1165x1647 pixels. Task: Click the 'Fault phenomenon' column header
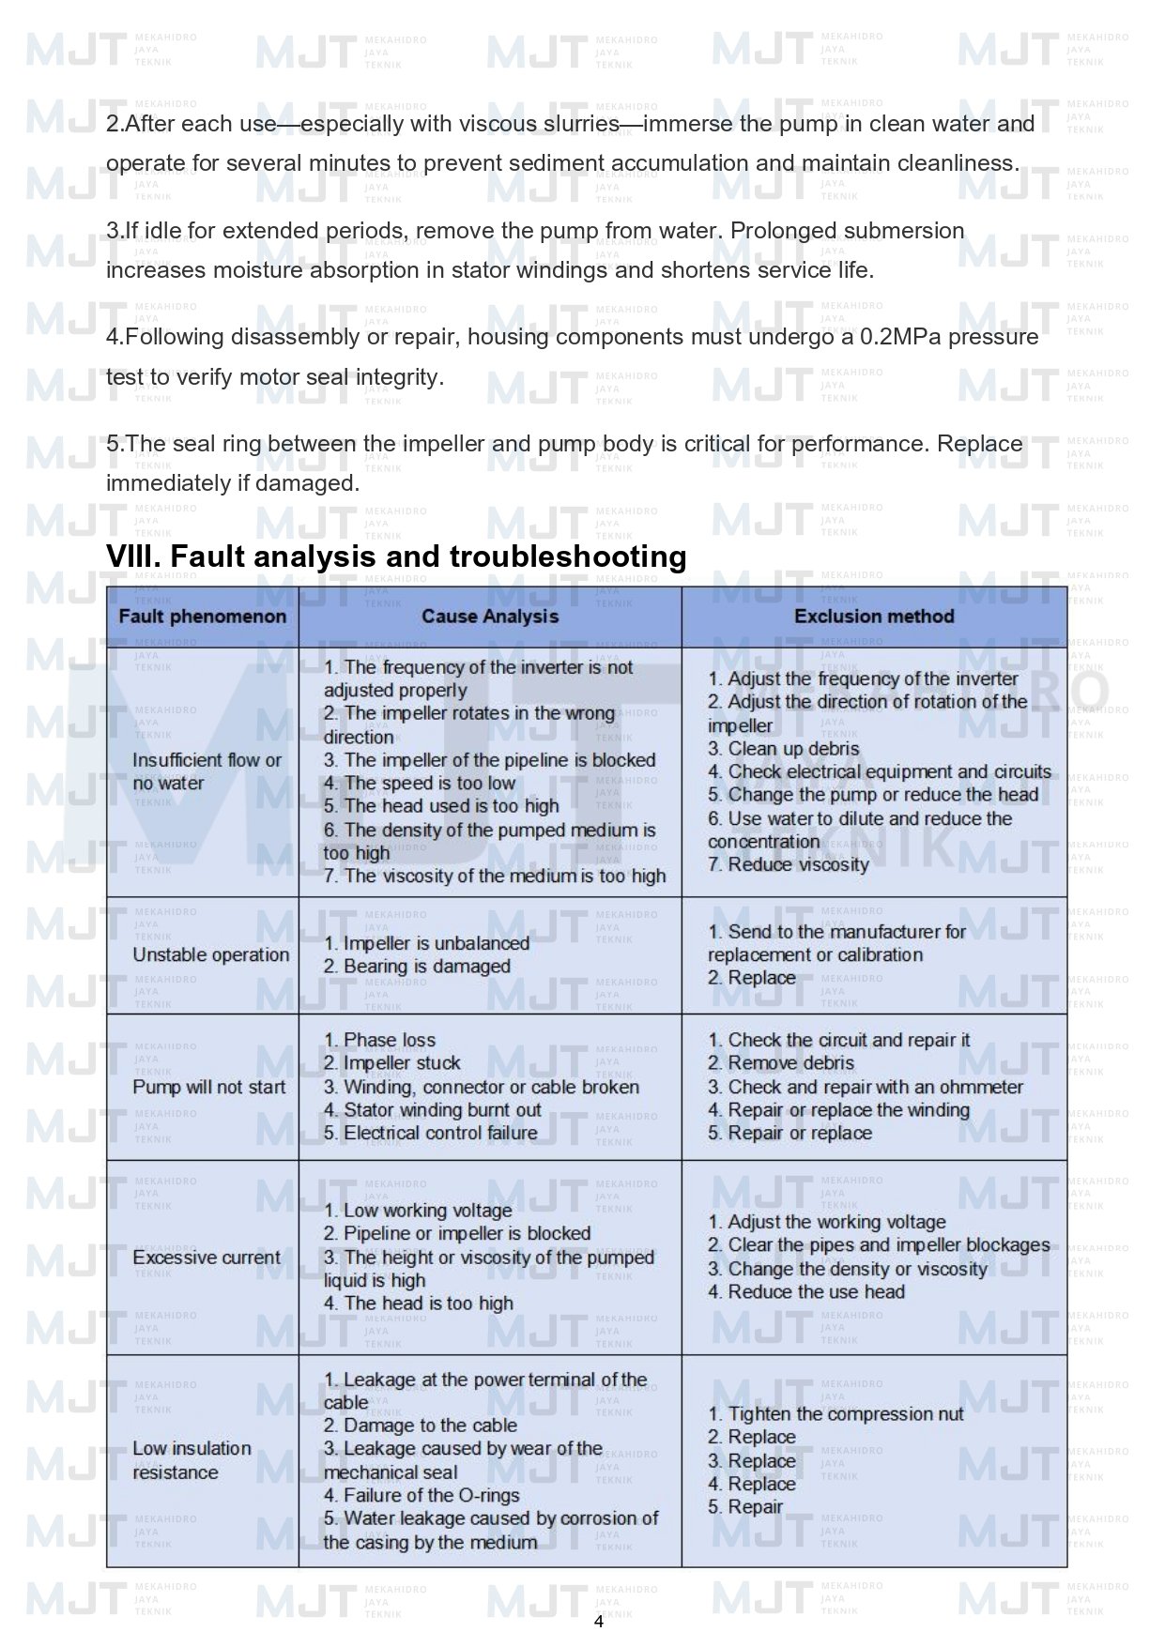[202, 617]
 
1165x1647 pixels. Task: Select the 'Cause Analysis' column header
[490, 617]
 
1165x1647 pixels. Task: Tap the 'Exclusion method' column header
[874, 617]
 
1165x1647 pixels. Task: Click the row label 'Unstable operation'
[210, 954]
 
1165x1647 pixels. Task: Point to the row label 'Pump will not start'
[208, 1087]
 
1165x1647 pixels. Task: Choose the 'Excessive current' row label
[207, 1258]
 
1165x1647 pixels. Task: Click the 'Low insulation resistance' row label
[192, 1460]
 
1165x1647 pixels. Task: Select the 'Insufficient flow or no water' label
[207, 771]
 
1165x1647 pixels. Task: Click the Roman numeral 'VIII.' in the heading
[134, 557]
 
